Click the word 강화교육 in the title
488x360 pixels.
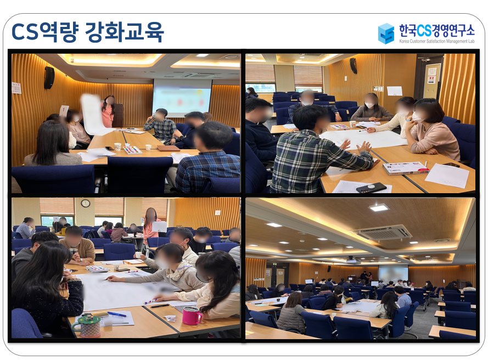(124, 32)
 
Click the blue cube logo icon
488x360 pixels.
(386, 33)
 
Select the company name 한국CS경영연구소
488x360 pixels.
(436, 31)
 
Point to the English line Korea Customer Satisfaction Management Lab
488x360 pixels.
(436, 41)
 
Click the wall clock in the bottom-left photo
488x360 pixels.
(85, 204)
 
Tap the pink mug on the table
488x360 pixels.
(192, 316)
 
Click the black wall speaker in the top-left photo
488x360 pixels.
(49, 78)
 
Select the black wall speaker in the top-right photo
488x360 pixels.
(354, 66)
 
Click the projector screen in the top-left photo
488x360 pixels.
(182, 97)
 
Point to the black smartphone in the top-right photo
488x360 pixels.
(371, 188)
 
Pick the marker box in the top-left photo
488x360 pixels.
(132, 150)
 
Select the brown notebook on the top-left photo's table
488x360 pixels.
(168, 148)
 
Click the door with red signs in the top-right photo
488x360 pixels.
(431, 78)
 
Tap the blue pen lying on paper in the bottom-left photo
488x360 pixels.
(117, 314)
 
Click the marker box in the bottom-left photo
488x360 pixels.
(97, 269)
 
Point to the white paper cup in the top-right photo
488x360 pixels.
(352, 124)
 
